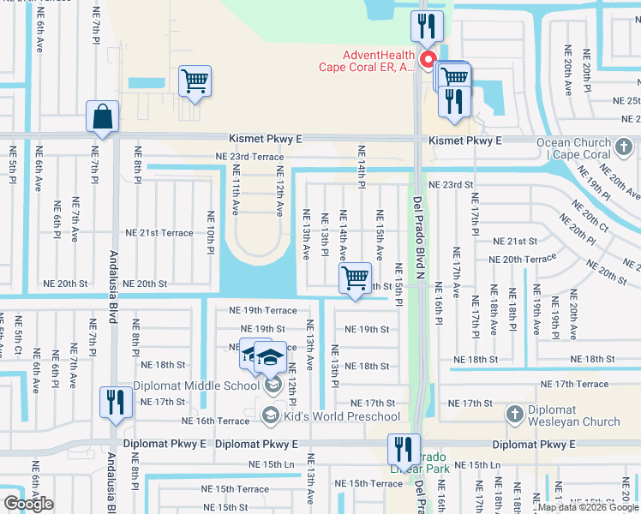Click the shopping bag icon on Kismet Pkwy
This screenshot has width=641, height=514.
coord(102,117)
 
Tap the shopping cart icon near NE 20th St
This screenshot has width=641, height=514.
coord(355,278)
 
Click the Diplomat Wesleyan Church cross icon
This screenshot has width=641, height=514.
coord(514,415)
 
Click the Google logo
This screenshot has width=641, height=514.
coord(28,503)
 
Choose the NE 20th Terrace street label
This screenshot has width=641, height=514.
coord(522,259)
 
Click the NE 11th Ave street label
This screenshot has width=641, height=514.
coord(235,190)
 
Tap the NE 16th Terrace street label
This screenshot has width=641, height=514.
coord(216,421)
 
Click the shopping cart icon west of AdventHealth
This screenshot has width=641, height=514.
coord(195,82)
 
